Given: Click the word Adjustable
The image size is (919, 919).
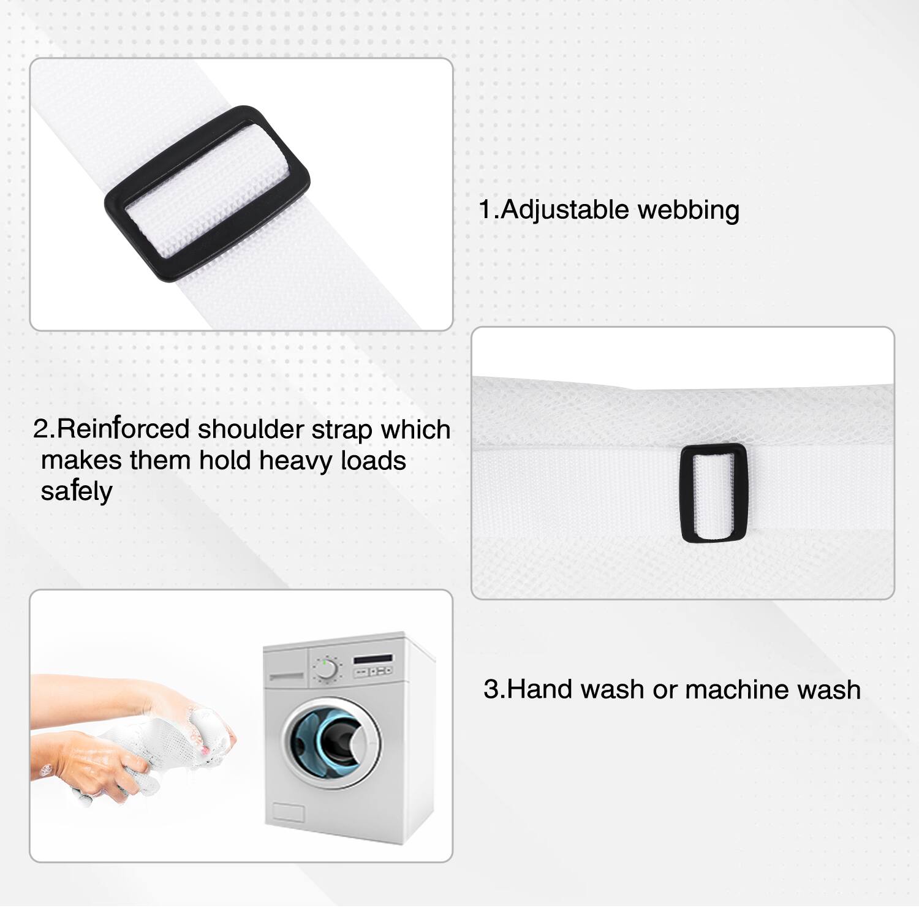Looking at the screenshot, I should (x=565, y=210).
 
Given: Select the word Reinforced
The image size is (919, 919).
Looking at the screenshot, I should (x=123, y=429).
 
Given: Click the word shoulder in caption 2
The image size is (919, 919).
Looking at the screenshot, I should (x=251, y=429).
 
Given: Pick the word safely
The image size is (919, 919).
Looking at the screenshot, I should (x=77, y=491).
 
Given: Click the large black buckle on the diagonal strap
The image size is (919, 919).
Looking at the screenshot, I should (x=207, y=194).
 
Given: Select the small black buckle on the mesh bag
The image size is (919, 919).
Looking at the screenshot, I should (x=713, y=493).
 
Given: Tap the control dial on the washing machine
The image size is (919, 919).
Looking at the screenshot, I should (x=326, y=668).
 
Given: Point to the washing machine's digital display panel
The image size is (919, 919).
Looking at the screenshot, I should (x=373, y=659).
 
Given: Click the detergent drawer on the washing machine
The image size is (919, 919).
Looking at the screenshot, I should (x=286, y=676).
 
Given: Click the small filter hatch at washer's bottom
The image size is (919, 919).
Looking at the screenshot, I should (x=288, y=812).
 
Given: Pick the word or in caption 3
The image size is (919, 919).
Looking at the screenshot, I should (x=665, y=689).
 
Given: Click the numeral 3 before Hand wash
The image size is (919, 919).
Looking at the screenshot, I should (x=491, y=689).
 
